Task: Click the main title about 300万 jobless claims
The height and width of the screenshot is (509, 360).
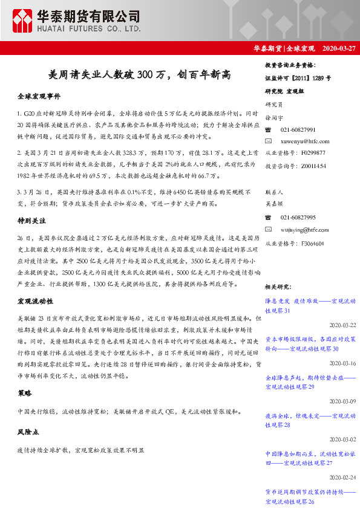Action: pos(139,75)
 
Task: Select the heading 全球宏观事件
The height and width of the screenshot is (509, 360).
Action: pos(39,97)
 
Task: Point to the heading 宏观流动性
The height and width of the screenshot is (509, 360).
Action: pos(35,301)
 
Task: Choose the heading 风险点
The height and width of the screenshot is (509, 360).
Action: pos(28,433)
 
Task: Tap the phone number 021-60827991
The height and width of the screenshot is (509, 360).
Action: pos(298,130)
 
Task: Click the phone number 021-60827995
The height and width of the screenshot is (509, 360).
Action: pos(298,217)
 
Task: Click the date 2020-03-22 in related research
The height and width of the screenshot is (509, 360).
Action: pos(343,325)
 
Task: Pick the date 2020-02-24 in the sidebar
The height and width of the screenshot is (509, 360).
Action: pos(343,478)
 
